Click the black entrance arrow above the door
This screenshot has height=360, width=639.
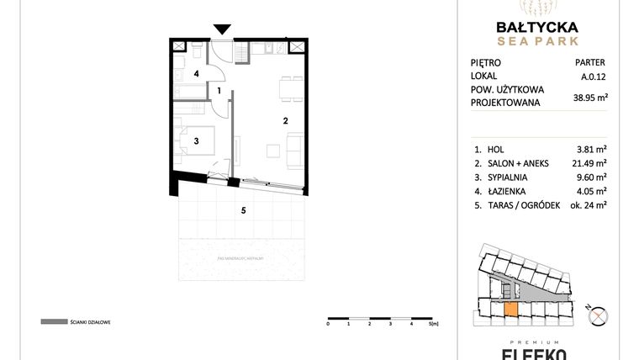pos(222,30)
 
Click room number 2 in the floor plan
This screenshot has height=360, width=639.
pos(286,121)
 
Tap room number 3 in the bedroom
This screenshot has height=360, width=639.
pos(195,141)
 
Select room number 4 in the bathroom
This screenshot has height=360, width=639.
pos(196,74)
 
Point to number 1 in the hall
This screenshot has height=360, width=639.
pos(219,90)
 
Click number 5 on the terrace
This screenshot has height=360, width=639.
pos(243,210)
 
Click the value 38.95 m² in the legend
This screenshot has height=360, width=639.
pos(589,97)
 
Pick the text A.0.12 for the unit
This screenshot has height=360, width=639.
pos(592,76)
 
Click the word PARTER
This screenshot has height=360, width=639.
pos(589,62)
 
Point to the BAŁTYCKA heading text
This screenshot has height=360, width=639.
pos(536,27)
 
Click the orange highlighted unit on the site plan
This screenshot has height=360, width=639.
pos(510,308)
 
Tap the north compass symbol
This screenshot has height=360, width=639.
pos(599,316)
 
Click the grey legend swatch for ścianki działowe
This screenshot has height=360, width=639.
pos(54,321)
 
